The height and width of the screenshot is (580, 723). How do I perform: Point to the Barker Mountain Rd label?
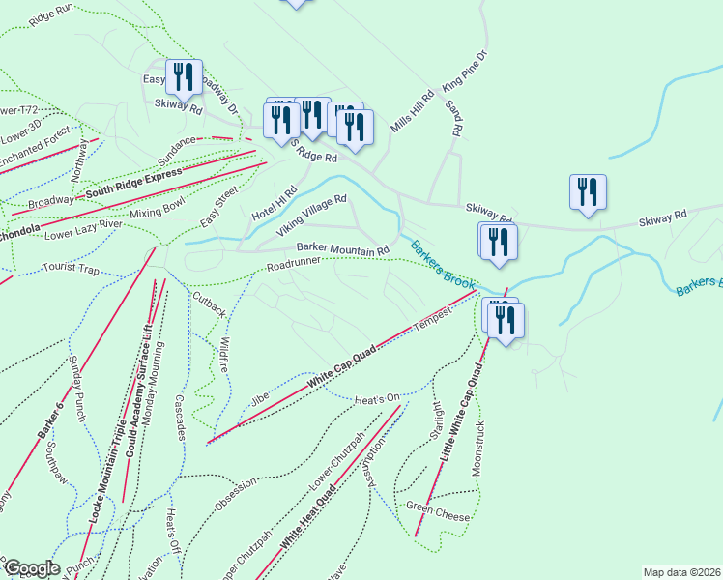(x=342, y=248)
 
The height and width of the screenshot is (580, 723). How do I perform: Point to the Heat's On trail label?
(x=377, y=397)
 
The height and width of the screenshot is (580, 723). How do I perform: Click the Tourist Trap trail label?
(x=72, y=267)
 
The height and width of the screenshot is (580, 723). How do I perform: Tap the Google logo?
(x=31, y=568)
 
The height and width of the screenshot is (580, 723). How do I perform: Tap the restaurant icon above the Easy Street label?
(x=183, y=76)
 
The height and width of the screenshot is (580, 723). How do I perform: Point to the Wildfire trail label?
(x=221, y=355)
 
